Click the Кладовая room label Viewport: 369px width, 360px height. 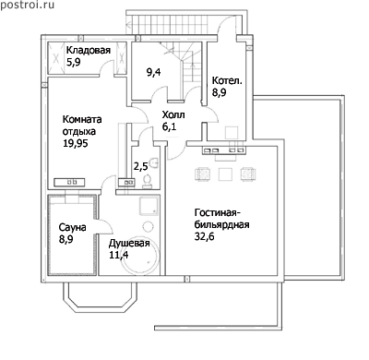pos(89,50)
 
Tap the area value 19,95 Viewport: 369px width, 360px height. pos(76,143)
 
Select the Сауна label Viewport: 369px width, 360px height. pos(72,227)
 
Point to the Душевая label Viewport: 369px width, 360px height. pos(129,243)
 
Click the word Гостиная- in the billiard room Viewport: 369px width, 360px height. pos(216,212)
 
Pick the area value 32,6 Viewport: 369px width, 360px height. pos(204,236)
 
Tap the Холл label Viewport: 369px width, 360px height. pos(173,115)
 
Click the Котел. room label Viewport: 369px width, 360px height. pos(227,80)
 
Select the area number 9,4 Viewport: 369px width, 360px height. pos(154,73)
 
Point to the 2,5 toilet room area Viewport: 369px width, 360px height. pos(140,166)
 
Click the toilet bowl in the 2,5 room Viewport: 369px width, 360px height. pos(148,182)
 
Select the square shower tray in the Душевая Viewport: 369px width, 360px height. pos(149,206)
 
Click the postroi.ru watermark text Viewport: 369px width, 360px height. pos(27,5)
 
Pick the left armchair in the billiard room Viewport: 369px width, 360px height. pos(203,174)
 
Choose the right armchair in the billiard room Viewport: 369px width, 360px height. pos(248,174)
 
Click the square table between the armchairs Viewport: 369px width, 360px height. pos(225,174)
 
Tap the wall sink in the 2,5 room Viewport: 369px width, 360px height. pos(155,162)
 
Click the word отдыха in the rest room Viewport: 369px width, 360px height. pos(79,131)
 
